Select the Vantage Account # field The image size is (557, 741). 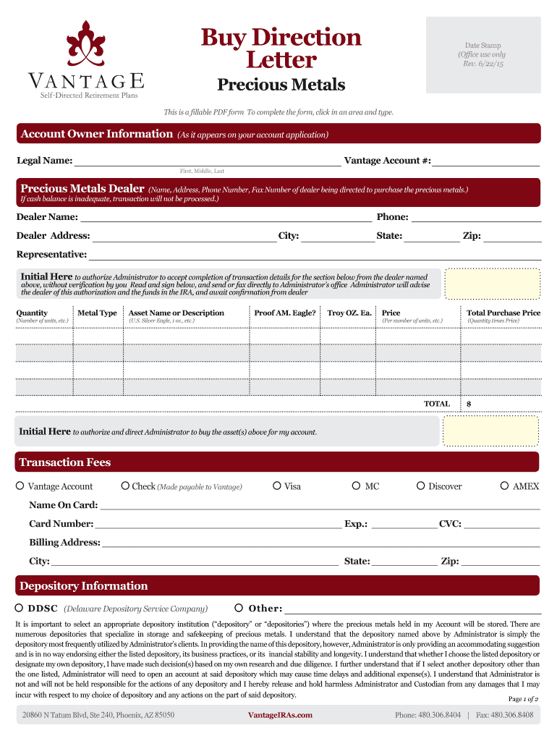pos(487,160)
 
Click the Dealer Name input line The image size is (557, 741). pos(226,216)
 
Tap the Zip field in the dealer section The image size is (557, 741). pos(512,235)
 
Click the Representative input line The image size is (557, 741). pos(315,254)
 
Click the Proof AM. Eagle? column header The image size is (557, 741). pos(285,313)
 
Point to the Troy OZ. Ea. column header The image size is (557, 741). pos(349,313)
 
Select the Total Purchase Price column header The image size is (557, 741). pos(503,313)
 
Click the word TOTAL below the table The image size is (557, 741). pos(437,404)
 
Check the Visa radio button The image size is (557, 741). pos(277,486)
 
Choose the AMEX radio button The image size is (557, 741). pos(506,486)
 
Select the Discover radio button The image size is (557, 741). pos(421,486)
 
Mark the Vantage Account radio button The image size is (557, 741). pos(20,486)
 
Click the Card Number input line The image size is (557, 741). pos(218,523)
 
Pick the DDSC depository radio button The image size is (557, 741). pos(20,608)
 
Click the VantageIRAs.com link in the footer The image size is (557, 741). pos(280,715)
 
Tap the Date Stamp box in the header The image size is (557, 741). pos(482,55)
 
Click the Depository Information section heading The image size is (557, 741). pos(83,585)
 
